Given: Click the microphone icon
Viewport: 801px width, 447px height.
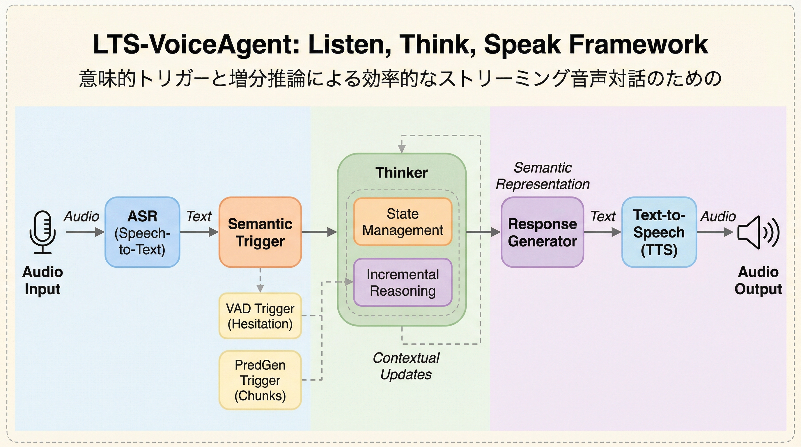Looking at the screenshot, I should (42, 232).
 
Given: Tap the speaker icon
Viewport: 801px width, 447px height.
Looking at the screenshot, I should (758, 232).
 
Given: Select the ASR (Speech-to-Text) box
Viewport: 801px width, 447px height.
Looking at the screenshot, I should (142, 232).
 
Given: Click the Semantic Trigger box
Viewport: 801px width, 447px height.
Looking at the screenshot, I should (260, 232).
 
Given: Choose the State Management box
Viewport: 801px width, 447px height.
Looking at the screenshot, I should (403, 222).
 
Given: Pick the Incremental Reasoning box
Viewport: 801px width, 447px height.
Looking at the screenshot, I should (403, 282).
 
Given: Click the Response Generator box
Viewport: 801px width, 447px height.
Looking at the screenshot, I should (542, 232).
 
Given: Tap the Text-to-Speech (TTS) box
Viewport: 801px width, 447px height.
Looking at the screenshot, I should (659, 232).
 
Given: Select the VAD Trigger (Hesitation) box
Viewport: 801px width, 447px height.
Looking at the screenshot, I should (260, 316).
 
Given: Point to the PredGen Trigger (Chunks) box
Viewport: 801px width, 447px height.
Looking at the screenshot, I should (260, 380).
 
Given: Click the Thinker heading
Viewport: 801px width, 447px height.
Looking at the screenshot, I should (401, 173).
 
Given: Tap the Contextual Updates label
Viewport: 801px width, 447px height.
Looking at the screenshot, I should (406, 366).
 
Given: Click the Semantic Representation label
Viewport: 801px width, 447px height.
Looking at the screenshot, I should (543, 176).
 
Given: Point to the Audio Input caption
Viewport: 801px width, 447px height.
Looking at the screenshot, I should (42, 280).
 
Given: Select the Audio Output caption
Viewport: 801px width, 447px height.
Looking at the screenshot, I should (758, 280).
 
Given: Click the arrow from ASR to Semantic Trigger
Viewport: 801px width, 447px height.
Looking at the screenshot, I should (199, 232).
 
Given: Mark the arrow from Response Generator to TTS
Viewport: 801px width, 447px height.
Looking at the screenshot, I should (602, 232).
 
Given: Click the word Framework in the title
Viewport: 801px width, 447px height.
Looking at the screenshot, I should (638, 44).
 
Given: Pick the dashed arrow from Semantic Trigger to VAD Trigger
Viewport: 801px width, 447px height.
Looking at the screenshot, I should (260, 280).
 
